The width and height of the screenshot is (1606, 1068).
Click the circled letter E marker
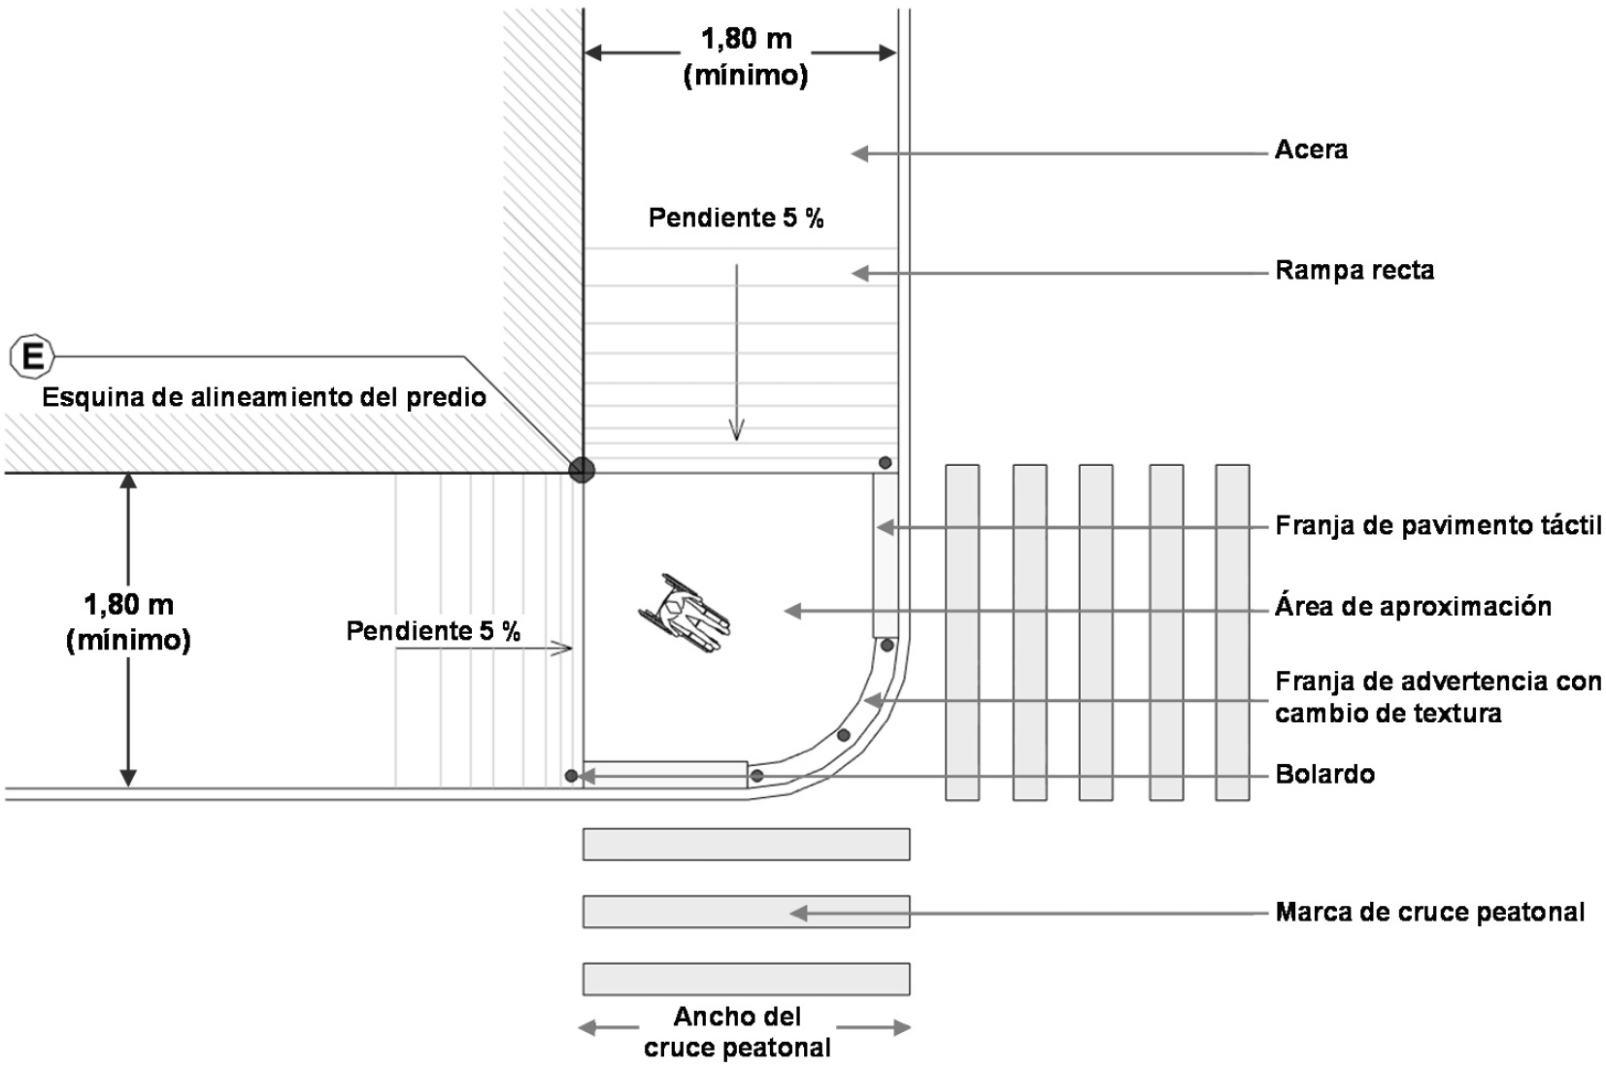(32, 358)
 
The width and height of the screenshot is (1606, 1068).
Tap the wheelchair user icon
(685, 614)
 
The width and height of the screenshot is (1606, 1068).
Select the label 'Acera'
(1311, 150)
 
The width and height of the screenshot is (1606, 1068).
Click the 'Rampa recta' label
(1355, 271)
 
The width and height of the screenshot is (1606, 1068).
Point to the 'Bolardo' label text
(1324, 775)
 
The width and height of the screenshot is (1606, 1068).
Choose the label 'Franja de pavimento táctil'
(1438, 526)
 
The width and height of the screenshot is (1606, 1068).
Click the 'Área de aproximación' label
(1413, 608)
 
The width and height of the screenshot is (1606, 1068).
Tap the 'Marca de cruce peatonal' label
(1429, 913)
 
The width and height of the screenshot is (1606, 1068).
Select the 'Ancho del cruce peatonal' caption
(738, 1032)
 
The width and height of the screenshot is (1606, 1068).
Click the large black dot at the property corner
(582, 471)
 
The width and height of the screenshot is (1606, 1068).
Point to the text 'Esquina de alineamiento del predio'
(264, 397)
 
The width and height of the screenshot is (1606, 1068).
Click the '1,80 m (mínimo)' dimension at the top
(746, 56)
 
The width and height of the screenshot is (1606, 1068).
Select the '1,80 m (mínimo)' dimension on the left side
(128, 622)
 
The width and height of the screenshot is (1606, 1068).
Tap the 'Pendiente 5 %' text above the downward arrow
(736, 218)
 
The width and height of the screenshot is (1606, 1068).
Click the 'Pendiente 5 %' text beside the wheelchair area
(433, 632)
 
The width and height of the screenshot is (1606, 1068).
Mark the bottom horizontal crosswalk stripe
(746, 979)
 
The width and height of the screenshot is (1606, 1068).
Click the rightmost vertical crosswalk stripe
(1232, 632)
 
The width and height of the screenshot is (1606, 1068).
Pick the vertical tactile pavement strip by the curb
(885, 554)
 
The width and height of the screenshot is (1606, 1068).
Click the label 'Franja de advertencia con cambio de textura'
(1438, 697)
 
